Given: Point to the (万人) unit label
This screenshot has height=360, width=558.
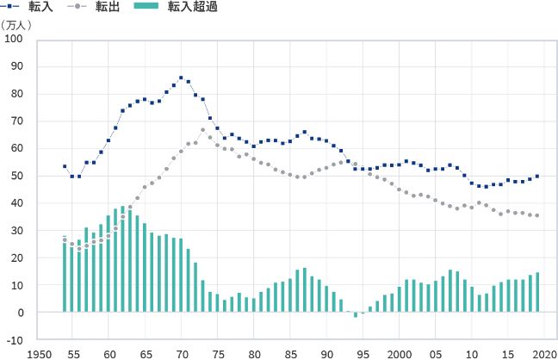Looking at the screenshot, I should (x=16, y=24).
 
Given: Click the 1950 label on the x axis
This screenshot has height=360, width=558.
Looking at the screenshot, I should (x=37, y=353).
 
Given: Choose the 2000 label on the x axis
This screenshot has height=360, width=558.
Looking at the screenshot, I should (x=400, y=353).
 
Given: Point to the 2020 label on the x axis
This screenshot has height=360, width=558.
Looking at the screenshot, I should (x=544, y=353).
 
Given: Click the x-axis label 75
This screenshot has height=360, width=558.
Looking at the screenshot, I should (x=219, y=353).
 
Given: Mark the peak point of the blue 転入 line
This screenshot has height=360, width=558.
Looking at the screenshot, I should (x=181, y=78).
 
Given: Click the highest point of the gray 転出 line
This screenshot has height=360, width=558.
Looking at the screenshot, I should (x=203, y=129).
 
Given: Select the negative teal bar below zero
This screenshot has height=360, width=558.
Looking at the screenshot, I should (x=356, y=314).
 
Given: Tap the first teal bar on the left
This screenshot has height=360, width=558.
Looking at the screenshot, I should (x=65, y=275).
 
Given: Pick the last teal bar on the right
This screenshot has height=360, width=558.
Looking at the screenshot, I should (x=537, y=292).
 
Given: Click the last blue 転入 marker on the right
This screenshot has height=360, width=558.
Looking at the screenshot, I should (x=537, y=176).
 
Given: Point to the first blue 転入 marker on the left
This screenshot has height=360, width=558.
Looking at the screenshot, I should (x=65, y=166).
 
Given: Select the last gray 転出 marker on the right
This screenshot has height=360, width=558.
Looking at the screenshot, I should (x=537, y=215).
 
